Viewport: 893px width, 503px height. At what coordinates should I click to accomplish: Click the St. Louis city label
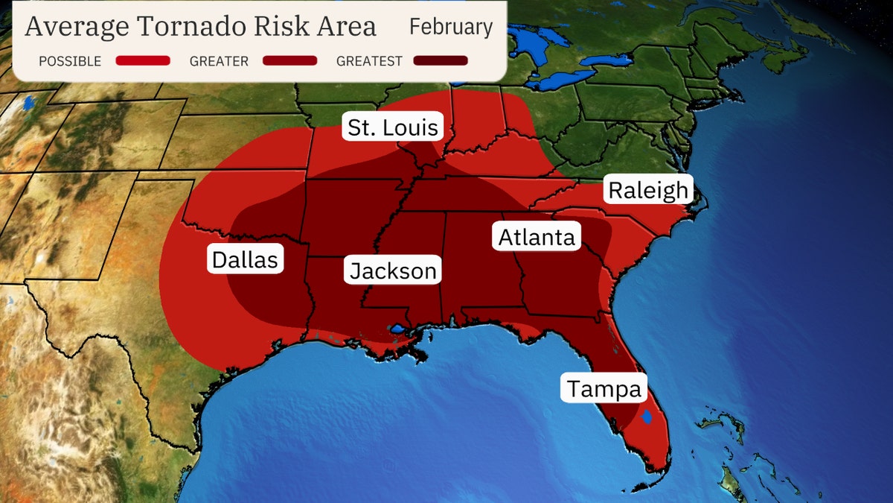[x=394, y=127]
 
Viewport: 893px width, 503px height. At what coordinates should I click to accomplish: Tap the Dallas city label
[x=245, y=259]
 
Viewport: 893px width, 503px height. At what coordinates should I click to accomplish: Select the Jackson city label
[x=393, y=270]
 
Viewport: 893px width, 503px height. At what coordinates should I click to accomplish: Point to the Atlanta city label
[x=537, y=237]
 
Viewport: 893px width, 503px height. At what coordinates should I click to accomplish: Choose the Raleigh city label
[x=648, y=190]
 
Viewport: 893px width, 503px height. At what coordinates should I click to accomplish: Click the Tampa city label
[x=604, y=388]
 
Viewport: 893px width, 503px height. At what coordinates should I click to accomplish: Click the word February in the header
[x=451, y=28]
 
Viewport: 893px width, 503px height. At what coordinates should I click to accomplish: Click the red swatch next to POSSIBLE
[x=143, y=61]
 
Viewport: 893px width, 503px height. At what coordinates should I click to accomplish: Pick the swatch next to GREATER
[x=290, y=61]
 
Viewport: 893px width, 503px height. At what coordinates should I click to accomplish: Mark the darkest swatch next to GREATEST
[x=441, y=61]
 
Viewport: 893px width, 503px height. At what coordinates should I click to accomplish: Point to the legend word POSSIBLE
[x=70, y=61]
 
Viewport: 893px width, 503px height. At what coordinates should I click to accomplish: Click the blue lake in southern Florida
[x=647, y=418]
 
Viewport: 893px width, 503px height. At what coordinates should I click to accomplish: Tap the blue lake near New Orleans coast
[x=397, y=329]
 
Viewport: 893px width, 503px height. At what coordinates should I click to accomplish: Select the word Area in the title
[x=345, y=28]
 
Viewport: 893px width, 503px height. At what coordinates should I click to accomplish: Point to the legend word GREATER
[x=220, y=61]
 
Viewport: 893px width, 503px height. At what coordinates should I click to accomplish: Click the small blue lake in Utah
[x=28, y=102]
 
